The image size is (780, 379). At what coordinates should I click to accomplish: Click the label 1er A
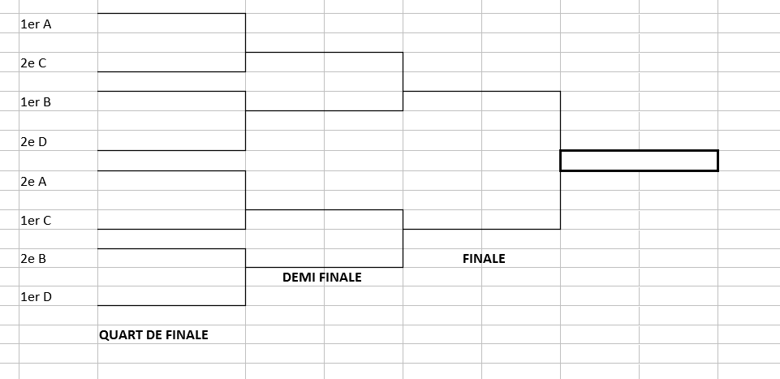36,24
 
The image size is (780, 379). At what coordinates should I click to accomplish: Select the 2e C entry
33,62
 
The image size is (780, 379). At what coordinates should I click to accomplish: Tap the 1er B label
36,102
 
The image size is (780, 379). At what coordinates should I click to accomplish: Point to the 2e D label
33,141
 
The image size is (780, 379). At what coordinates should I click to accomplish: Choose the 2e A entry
33,182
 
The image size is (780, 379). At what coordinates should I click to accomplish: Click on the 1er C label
36,220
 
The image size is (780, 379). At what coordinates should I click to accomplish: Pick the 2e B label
33,259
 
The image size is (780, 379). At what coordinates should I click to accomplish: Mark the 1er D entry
36,297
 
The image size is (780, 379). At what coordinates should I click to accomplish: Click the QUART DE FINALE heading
153,334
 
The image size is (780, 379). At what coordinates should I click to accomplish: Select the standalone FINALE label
484,259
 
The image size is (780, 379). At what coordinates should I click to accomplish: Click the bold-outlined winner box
639,161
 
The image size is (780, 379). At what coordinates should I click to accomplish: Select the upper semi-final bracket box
324,81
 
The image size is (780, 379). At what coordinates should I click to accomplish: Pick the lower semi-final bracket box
324,239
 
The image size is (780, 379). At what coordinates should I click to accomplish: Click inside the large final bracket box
481,160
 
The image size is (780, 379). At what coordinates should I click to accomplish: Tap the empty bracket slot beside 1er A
171,24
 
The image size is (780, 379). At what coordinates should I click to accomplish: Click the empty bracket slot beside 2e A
171,182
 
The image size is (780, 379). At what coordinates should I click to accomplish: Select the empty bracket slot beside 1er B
171,102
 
